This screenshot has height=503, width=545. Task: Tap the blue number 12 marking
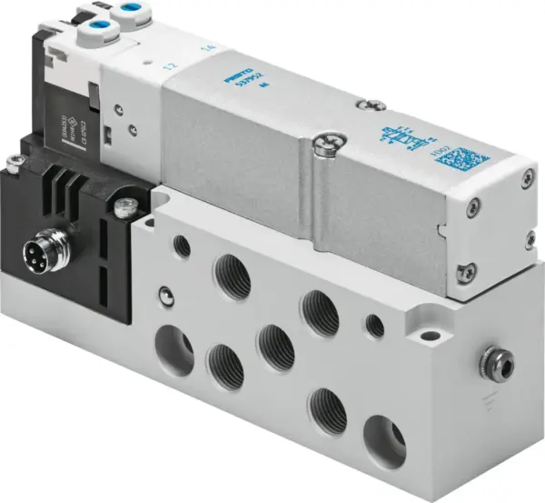pos(167,66)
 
